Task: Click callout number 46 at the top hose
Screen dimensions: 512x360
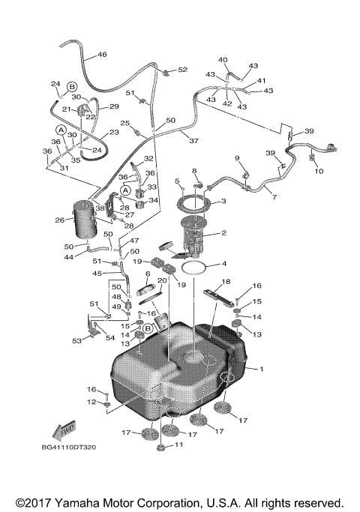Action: pyautogui.click(x=102, y=55)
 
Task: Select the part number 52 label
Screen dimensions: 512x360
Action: pyautogui.click(x=182, y=70)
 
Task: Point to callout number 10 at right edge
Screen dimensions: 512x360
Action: pyautogui.click(x=319, y=172)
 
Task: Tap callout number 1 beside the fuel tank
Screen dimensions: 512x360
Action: pyautogui.click(x=262, y=369)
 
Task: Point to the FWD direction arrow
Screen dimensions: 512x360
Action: pyautogui.click(x=61, y=431)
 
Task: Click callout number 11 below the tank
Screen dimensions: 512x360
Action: pyautogui.click(x=178, y=445)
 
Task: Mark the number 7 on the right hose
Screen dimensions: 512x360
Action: pyautogui.click(x=274, y=197)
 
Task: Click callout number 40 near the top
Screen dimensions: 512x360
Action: pyautogui.click(x=223, y=59)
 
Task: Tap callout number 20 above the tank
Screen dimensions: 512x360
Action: pyautogui.click(x=161, y=280)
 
